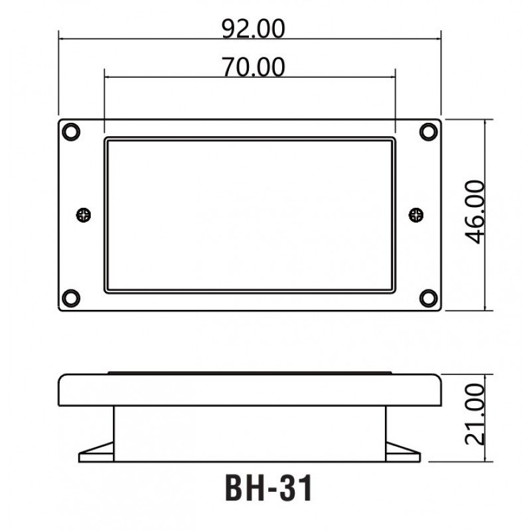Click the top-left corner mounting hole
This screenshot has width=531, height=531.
[x=72, y=131]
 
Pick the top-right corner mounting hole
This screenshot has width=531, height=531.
[x=428, y=131]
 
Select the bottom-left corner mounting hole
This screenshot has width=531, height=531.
[x=72, y=297]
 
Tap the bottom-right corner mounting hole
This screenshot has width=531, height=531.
[x=428, y=297]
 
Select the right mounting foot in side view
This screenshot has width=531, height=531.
[x=402, y=453]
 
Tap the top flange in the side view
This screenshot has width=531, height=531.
[x=250, y=390]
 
